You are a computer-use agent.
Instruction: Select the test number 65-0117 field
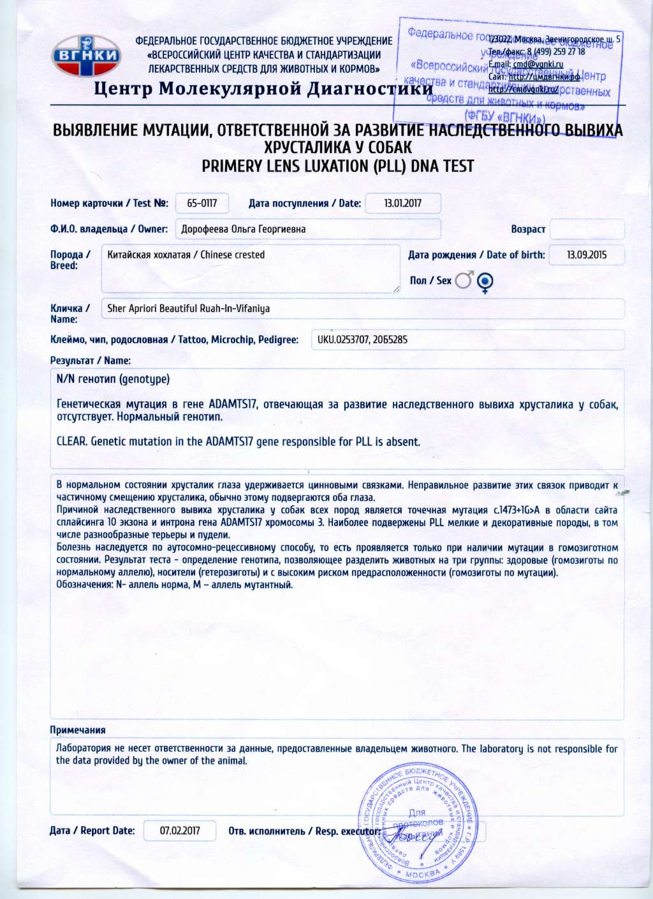pyautogui.click(x=202, y=204)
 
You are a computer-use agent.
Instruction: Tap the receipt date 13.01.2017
pyautogui.click(x=402, y=204)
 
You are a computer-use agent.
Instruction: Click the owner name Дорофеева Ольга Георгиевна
pyautogui.click(x=243, y=229)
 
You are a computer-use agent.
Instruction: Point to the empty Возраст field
pyautogui.click(x=587, y=229)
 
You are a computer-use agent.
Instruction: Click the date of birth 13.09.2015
pyautogui.click(x=587, y=255)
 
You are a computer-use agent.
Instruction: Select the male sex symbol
pyautogui.click(x=464, y=280)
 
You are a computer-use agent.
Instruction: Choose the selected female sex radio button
pyautogui.click(x=485, y=281)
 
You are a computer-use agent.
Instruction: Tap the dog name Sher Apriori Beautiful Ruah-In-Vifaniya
pyautogui.click(x=188, y=308)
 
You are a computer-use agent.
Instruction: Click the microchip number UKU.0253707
pyautogui.click(x=342, y=339)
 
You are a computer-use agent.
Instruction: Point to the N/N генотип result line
pyautogui.click(x=113, y=379)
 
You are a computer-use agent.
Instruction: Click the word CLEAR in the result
pyautogui.click(x=71, y=442)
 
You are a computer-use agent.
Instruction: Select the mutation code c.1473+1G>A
pyautogui.click(x=517, y=510)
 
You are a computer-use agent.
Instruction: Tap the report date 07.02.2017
pyautogui.click(x=180, y=831)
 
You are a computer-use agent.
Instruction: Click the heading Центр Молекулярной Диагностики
pyautogui.click(x=263, y=88)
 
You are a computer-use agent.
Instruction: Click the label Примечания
pyautogui.click(x=77, y=730)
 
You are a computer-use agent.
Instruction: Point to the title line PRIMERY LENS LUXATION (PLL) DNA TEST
pyautogui.click(x=337, y=167)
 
